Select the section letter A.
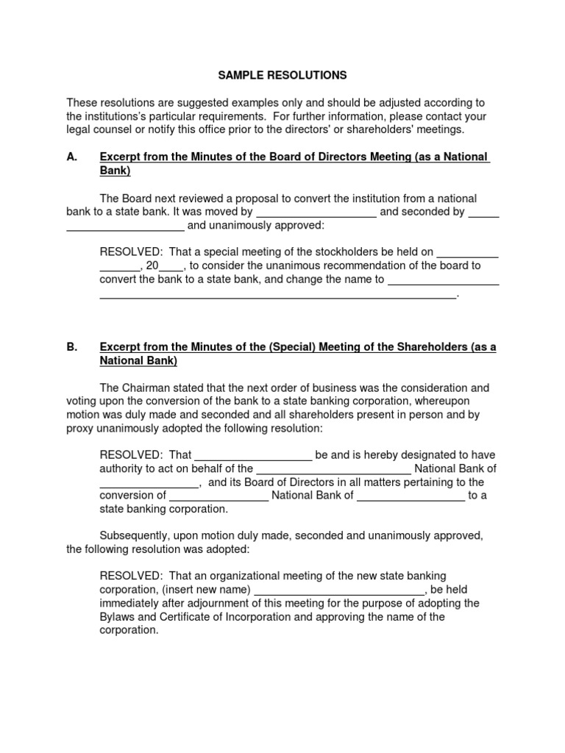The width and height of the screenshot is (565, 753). click(x=71, y=157)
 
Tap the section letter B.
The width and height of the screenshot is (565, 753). click(x=71, y=347)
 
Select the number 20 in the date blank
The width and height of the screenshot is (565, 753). click(x=152, y=266)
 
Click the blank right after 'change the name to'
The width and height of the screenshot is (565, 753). click(x=444, y=280)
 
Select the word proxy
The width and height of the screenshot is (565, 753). click(x=80, y=428)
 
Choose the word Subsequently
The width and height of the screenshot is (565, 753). click(x=133, y=536)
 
